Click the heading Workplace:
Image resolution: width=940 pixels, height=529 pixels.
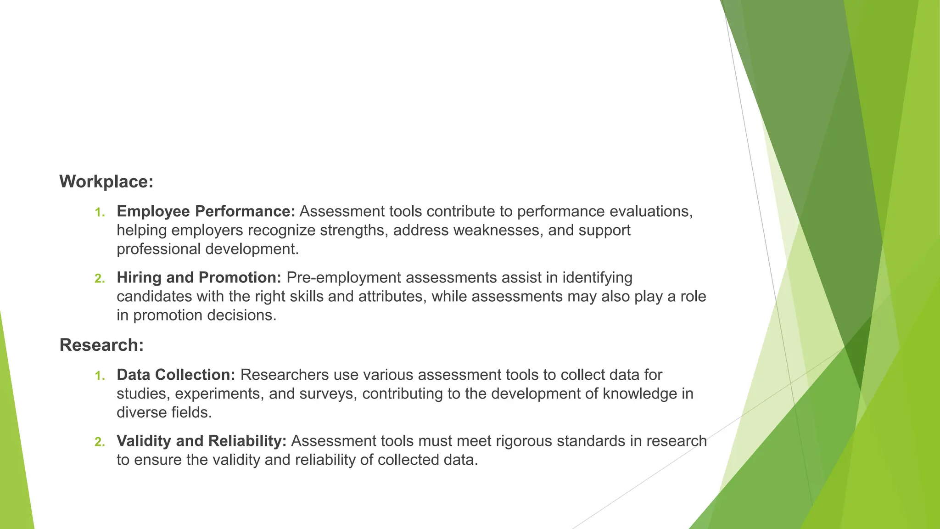pos(106,182)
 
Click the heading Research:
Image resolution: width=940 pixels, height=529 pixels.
pos(101,345)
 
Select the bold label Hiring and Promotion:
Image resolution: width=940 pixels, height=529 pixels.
pos(199,277)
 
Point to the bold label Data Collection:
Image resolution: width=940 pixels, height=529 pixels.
pos(176,375)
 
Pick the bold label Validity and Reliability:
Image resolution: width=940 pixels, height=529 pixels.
pos(201,441)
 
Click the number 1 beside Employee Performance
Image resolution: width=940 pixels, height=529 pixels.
pos(100,213)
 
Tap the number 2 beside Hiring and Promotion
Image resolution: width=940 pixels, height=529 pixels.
pos(100,279)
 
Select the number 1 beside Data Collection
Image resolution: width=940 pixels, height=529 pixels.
pos(100,376)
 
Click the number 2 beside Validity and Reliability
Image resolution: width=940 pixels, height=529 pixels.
pos(100,442)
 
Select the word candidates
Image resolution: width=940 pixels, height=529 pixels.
pos(154,296)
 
